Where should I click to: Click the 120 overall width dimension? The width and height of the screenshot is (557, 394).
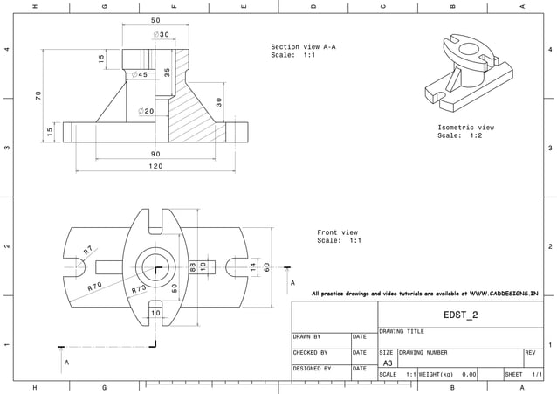155,166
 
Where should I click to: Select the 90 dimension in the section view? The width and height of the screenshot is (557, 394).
155,154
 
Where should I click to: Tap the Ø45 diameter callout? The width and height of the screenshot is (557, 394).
138,75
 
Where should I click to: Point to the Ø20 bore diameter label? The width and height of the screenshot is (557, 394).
146,112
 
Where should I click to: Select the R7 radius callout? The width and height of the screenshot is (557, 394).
88,250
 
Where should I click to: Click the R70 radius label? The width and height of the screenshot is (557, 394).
94,286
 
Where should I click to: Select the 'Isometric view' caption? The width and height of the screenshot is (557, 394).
465,128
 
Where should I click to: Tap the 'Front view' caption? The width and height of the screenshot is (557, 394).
337,232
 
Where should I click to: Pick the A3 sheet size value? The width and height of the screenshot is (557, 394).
388,363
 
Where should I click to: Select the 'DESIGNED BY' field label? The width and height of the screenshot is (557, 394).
312,369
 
